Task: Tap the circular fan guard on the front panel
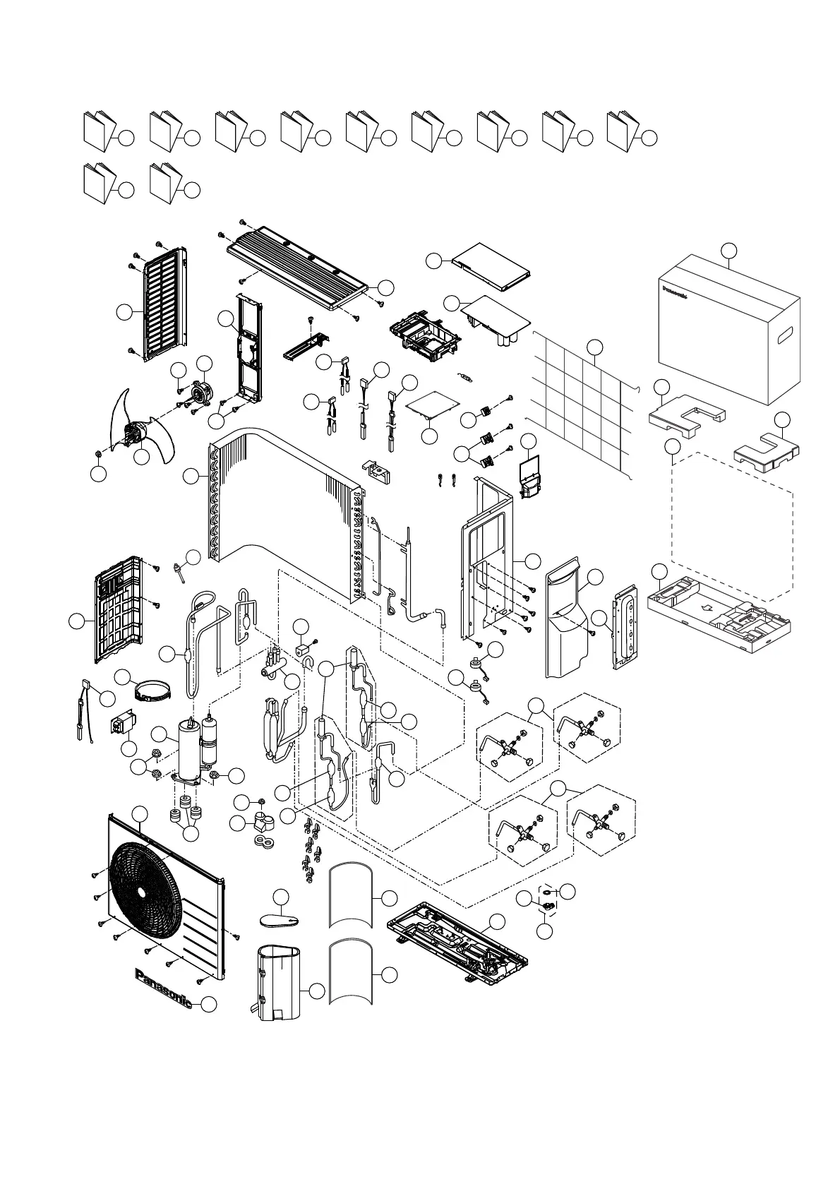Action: pos(143,892)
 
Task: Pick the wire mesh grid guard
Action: pos(579,402)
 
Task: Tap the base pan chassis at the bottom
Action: pos(459,943)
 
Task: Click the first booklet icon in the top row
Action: pos(98,131)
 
